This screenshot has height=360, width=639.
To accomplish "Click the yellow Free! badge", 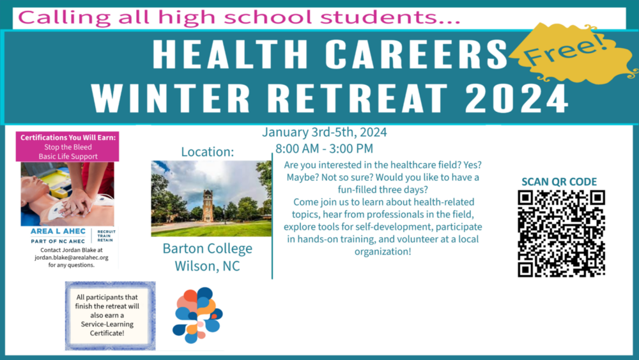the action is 571,54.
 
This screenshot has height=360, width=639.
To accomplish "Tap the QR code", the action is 561,233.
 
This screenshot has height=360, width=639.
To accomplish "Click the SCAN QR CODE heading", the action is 559,182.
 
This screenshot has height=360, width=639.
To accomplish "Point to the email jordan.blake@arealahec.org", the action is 72,258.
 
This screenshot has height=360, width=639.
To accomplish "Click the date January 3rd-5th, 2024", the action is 325,132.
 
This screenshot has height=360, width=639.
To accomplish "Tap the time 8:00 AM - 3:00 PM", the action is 325,149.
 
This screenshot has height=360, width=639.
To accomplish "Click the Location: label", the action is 208,152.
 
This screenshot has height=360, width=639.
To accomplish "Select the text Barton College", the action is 208,248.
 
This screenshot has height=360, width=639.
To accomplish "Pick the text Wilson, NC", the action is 208,266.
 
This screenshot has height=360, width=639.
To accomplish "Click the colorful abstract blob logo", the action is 197,315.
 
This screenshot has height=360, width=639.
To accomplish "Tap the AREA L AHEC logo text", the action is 58,231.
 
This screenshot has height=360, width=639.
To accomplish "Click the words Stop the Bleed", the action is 68,147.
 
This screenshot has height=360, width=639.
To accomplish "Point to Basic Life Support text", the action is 68,157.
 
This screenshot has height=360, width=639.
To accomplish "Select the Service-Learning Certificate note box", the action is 111,316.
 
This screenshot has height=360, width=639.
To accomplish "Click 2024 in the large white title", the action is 516,98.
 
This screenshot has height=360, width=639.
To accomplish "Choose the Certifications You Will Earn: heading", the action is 68,138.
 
